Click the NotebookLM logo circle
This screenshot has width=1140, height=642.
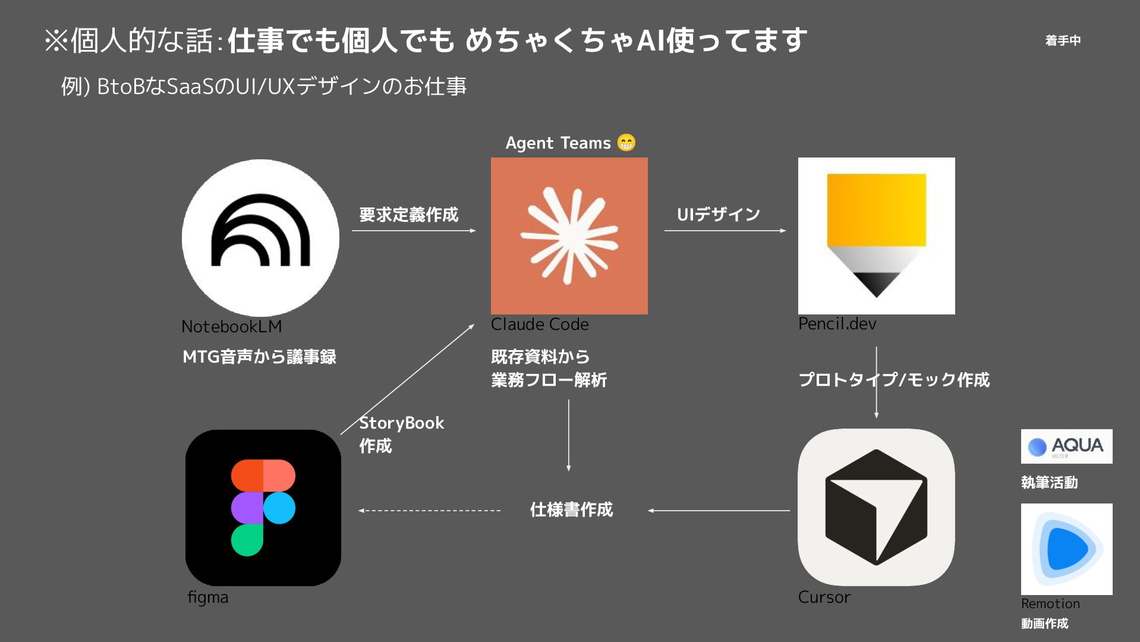tap(260, 238)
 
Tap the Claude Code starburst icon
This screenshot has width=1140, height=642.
tap(569, 235)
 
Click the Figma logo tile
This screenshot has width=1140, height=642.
tap(263, 508)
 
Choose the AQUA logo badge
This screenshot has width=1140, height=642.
tap(1066, 446)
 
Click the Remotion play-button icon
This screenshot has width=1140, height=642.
tap(1066, 549)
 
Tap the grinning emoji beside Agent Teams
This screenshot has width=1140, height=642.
tap(626, 143)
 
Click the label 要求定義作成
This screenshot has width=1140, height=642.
tap(408, 215)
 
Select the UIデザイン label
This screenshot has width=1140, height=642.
tap(718, 215)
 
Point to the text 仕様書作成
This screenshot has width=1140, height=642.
tap(571, 509)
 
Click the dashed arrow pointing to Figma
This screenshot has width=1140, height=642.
tap(430, 511)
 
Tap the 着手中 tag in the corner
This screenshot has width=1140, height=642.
tap(1063, 40)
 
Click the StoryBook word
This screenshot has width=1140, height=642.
tap(401, 423)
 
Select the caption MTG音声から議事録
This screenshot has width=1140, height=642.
tap(259, 357)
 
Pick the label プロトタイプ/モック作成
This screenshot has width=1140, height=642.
tap(894, 380)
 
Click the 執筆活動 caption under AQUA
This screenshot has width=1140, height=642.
tap(1049, 482)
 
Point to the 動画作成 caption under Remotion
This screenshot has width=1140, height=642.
tap(1044, 624)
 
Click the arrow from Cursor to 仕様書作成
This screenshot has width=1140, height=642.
tap(719, 511)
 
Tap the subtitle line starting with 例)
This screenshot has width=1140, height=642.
tap(263, 87)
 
